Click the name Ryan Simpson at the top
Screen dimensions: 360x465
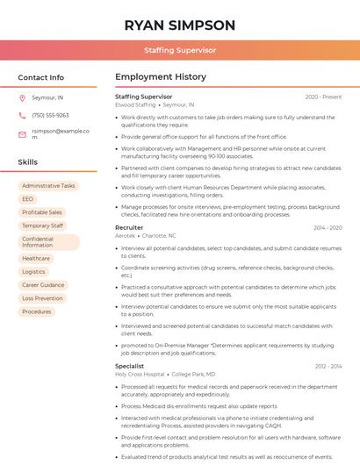coord(180,25)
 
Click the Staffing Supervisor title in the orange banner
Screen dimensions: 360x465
coord(180,51)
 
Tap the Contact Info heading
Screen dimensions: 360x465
coord(40,77)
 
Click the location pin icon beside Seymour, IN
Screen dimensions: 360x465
coord(22,98)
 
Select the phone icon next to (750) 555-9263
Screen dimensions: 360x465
coord(22,116)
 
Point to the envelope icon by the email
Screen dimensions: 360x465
coord(22,134)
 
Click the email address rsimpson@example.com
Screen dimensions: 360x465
coord(61,133)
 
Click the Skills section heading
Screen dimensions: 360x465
coord(28,162)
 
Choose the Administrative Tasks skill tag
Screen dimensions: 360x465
coord(48,186)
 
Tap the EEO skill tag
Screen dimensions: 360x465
coord(28,199)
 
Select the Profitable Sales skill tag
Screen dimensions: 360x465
coord(42,212)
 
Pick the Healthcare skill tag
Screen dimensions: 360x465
coord(36,258)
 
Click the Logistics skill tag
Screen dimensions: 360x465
coord(33,272)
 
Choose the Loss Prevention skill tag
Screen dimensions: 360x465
coord(42,298)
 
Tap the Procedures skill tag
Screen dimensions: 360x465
coord(37,311)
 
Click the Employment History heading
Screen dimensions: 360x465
coord(160,77)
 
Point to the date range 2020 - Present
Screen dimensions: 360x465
coord(323,97)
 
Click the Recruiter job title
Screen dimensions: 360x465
coord(129,227)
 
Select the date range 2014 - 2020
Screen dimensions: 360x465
coord(328,228)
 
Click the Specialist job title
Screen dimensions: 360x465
coord(130,366)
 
